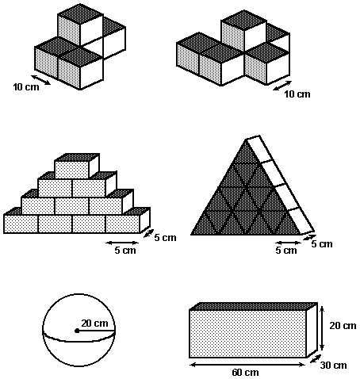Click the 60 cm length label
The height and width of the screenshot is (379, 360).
pos(245,373)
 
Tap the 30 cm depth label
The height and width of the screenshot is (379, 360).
pos(333,366)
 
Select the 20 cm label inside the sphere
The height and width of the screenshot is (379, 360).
pos(94,323)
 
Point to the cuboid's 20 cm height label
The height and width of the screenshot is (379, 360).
pos(343,326)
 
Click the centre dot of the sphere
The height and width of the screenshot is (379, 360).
pos(77,331)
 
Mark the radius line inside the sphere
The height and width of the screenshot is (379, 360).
pos(96,331)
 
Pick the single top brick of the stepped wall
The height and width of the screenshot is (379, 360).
pos(77,166)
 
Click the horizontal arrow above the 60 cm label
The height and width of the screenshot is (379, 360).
pos(247,365)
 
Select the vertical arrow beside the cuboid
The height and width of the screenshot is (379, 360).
pos(322,327)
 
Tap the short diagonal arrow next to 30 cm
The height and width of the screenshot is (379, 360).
pos(316,358)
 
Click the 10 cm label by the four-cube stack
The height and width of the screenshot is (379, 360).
pos(26,87)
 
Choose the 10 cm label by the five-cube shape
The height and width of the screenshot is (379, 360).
pos(297,94)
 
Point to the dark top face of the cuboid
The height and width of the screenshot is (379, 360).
pos(254,306)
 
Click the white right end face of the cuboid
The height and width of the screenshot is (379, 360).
pos(312,330)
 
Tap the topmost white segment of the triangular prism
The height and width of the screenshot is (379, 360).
pos(259,150)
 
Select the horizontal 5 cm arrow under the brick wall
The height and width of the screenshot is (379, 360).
pos(122,243)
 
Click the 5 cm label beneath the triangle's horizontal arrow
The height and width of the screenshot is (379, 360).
pos(286,250)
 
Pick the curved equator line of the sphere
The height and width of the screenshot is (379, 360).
pos(79,337)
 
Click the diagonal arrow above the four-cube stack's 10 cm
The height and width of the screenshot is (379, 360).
pos(40,80)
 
